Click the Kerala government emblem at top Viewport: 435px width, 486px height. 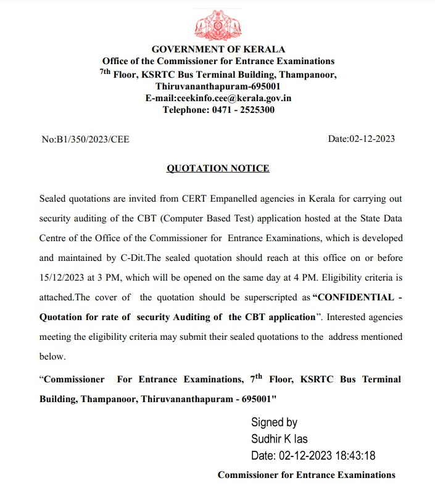(x=218, y=24)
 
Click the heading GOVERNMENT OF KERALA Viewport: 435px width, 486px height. (x=218, y=49)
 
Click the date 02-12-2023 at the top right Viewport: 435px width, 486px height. (x=372, y=139)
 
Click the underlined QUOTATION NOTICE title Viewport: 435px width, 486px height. (x=218, y=168)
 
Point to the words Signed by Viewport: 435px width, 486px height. (x=274, y=422)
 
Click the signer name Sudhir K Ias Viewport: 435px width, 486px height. (x=279, y=439)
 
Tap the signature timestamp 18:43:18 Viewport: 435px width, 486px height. (x=356, y=456)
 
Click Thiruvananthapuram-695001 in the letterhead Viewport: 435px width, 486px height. (x=218, y=86)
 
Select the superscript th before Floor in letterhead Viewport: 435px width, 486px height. (x=106, y=72)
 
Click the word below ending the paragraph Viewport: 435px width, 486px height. (x=52, y=356)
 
